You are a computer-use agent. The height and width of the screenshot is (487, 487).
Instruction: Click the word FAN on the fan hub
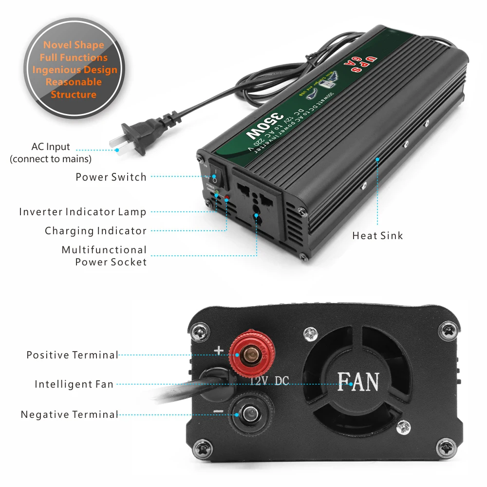[358, 382]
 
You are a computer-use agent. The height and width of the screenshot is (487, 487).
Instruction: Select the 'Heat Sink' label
[377, 236]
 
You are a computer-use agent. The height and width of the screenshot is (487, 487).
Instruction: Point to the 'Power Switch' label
[111, 177]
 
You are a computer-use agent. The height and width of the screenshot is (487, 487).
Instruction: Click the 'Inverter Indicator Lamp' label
[83, 212]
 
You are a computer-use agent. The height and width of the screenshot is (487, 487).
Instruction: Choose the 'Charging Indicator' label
[95, 231]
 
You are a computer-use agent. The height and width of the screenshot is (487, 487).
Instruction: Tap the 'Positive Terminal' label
[73, 355]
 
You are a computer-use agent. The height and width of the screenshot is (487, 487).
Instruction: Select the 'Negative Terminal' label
[70, 415]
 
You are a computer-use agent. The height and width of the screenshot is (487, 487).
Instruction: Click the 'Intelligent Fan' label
[74, 384]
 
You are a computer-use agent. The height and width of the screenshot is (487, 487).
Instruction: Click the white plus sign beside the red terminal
[219, 350]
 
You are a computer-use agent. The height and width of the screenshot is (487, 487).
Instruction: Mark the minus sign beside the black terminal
[218, 411]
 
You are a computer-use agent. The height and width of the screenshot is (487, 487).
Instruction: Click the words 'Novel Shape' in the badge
[74, 45]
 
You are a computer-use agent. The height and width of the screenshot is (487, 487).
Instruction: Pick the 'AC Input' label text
[51, 147]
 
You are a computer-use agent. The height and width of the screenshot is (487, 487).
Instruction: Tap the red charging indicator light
[227, 198]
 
